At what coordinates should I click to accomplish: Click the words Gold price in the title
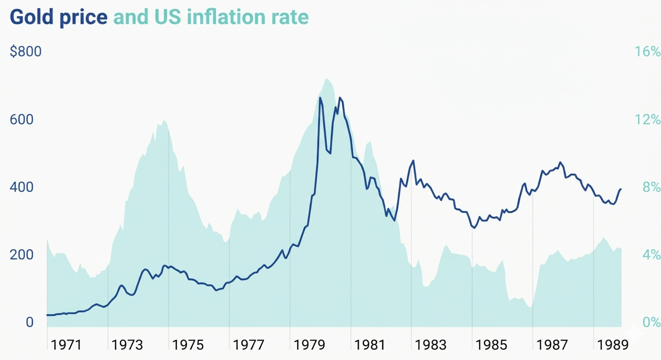pos(58,17)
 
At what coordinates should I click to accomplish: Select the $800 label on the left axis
pos(26,51)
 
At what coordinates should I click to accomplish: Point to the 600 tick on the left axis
pos(22,119)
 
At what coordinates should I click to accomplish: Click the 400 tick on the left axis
pos(22,187)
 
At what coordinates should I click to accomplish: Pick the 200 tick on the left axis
pos(22,254)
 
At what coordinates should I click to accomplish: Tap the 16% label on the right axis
pos(647,51)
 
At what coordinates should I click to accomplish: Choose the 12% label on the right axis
pos(647,119)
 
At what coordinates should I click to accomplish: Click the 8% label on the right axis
pos(651,187)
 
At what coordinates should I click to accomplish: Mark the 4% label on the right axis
pos(651,254)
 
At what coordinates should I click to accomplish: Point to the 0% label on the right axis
pos(651,322)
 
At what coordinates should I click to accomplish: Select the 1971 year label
pos(66,345)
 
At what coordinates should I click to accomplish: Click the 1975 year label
pos(188,345)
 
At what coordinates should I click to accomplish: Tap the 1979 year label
pos(309,345)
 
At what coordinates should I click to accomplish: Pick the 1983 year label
pos(431,345)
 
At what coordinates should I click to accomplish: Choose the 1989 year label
pos(613,345)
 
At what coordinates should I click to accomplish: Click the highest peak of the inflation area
pos(327,79)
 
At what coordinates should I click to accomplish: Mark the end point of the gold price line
pos(621,189)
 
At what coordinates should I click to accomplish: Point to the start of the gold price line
pos(47,315)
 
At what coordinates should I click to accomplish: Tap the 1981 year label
pos(370,345)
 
